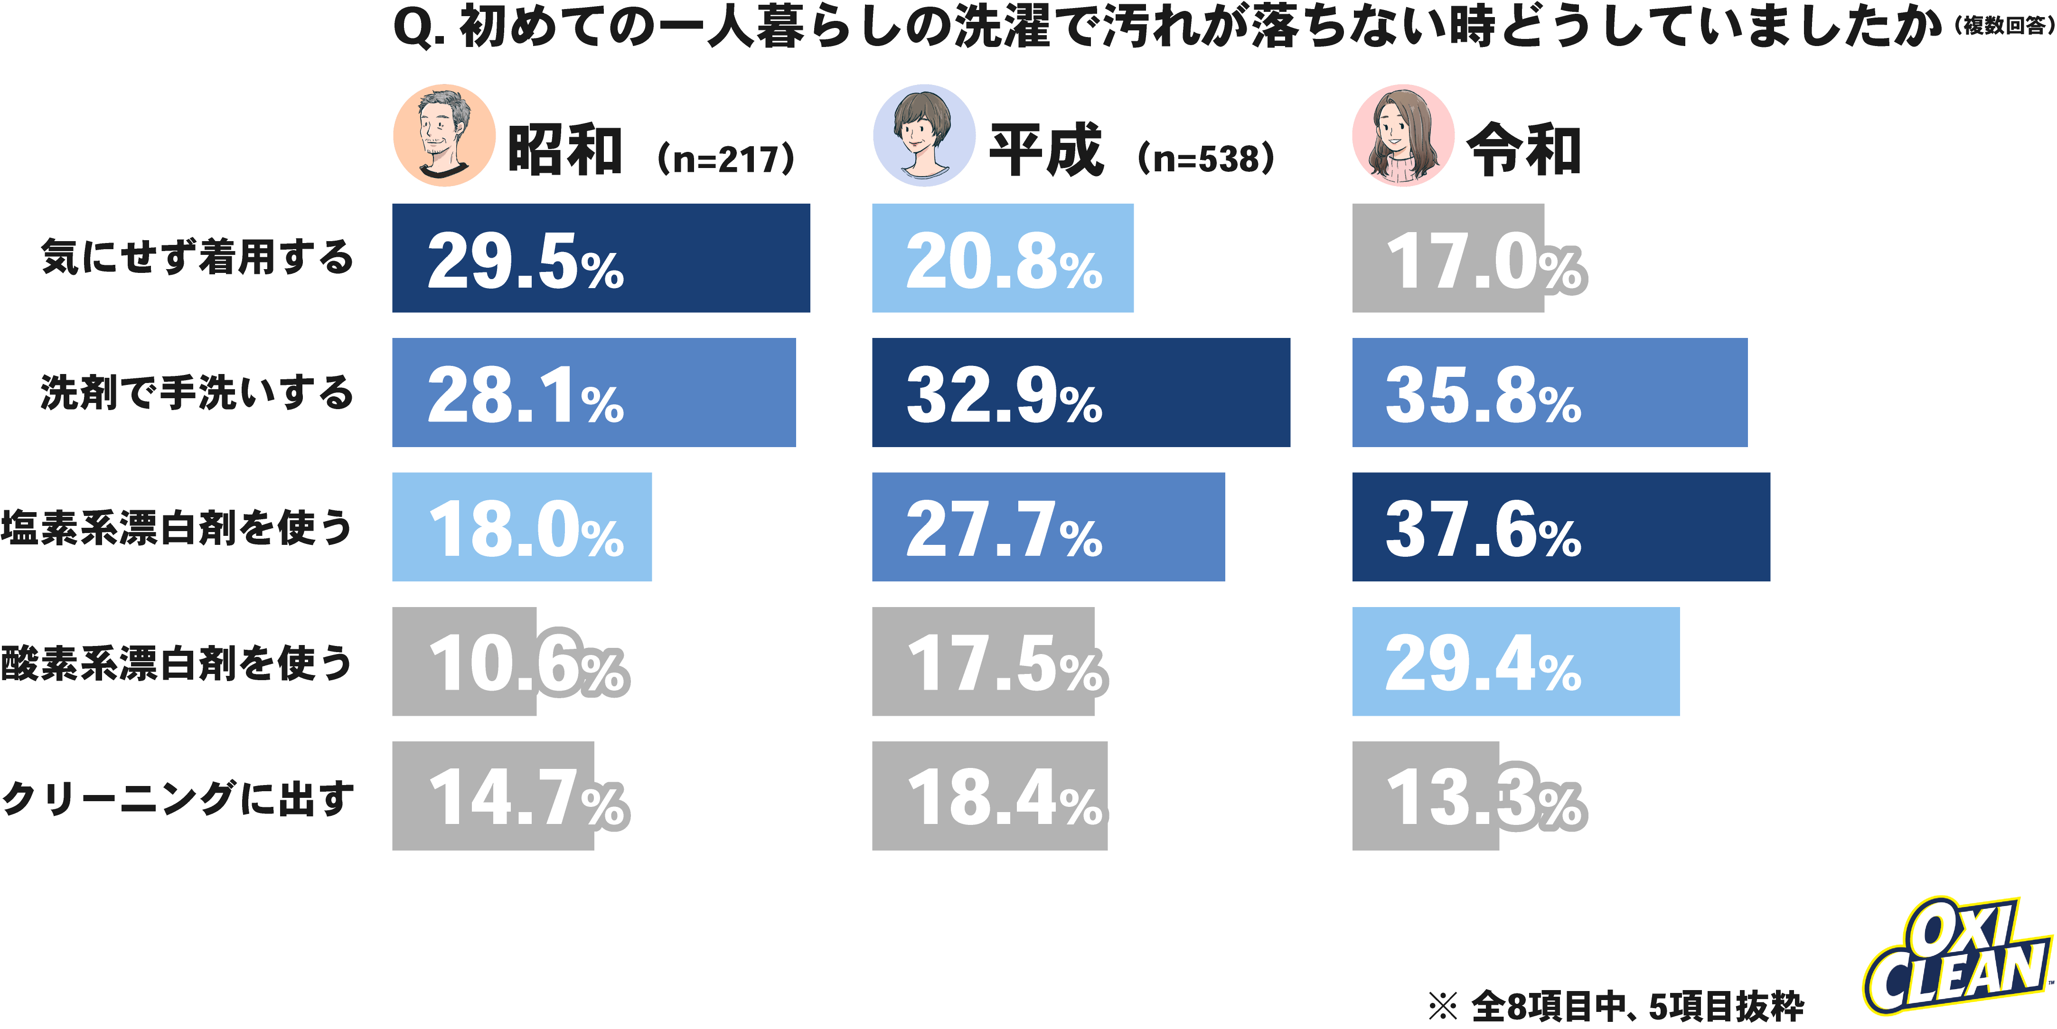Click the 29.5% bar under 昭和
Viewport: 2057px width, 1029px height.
coord(601,258)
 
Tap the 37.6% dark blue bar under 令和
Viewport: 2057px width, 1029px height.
coord(1560,527)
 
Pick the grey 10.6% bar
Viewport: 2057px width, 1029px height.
coord(465,661)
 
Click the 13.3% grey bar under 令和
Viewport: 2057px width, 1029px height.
coord(1425,796)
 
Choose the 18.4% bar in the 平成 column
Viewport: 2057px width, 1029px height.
coord(989,796)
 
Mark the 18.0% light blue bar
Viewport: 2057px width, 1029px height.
coord(521,527)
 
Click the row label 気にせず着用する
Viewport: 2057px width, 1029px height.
coord(197,258)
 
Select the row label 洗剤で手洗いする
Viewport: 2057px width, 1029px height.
coord(197,392)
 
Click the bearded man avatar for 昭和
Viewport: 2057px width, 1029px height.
coord(444,136)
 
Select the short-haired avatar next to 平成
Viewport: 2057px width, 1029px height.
coord(924,136)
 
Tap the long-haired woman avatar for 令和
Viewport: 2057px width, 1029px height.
coord(1402,136)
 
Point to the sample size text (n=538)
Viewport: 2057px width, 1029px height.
coord(1206,158)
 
